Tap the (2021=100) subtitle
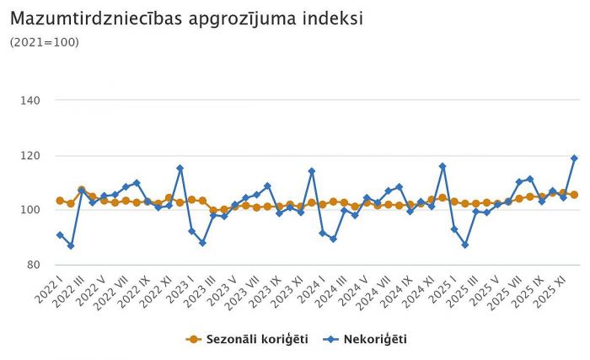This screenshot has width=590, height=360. (45, 42)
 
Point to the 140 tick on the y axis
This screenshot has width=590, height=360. (41, 100)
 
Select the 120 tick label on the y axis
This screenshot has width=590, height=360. (41, 156)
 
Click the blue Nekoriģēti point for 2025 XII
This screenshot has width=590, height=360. (574, 158)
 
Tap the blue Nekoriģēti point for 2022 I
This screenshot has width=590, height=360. (60, 234)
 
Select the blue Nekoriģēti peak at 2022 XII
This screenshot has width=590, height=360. (180, 168)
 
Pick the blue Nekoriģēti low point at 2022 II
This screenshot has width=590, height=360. (71, 245)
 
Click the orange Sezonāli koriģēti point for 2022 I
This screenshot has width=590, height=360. (60, 201)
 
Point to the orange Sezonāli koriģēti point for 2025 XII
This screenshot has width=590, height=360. (574, 195)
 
